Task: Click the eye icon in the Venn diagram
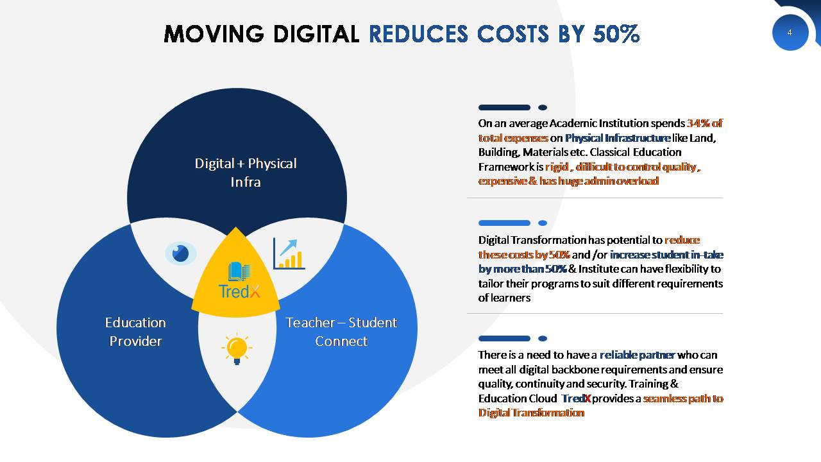180,253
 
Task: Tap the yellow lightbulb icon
237,348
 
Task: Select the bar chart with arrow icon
289,253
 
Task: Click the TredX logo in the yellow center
239,280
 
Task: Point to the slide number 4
790,33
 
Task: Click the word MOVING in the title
214,34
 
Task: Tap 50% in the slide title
616,34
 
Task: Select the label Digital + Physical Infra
246,173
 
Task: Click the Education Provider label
135,332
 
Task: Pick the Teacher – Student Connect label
341,332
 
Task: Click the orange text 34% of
704,123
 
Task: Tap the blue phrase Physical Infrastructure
618,138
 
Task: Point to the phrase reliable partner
638,355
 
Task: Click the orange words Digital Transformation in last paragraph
531,413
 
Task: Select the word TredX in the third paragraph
576,398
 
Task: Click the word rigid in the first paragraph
557,167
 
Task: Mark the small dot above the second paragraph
543,223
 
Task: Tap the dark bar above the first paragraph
504,107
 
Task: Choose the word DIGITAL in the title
316,34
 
